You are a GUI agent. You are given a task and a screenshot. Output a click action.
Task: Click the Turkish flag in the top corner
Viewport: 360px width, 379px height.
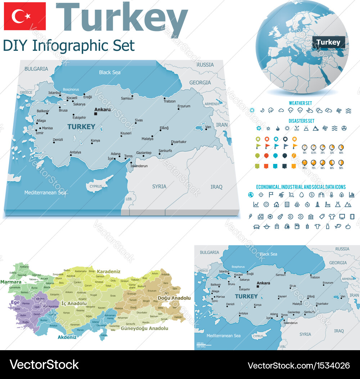[x=24, y=16]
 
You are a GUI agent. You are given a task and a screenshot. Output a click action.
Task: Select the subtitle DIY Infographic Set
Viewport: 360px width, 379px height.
[x=69, y=46]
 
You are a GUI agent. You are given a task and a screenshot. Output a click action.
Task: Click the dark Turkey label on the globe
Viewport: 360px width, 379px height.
[x=328, y=42]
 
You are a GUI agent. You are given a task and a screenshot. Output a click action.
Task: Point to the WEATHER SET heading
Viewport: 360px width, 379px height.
[x=300, y=103]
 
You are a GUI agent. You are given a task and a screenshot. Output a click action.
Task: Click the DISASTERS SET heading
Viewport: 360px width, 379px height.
[x=301, y=121]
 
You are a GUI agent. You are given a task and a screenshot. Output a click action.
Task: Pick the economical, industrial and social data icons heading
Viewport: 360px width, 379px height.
[x=301, y=187]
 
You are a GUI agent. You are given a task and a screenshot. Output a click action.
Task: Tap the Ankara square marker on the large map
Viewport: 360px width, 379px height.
[x=96, y=114]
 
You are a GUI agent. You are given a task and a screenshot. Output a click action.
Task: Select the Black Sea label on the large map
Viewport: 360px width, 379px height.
[x=109, y=72]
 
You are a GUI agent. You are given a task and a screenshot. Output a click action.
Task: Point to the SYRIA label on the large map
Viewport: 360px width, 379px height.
[x=159, y=186]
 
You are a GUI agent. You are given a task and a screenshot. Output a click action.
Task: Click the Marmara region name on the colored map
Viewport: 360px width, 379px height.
[x=11, y=282]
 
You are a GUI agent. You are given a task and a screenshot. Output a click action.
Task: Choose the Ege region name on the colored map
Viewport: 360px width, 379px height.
[x=15, y=303]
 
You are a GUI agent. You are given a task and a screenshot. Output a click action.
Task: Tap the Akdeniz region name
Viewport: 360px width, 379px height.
[x=67, y=338]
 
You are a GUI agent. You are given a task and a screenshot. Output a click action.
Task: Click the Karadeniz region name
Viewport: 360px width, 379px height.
[x=108, y=272]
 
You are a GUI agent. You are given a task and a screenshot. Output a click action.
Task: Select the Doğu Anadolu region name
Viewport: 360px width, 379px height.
[x=174, y=298]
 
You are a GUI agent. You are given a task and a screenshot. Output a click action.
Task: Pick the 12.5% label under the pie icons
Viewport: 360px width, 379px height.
[x=314, y=153]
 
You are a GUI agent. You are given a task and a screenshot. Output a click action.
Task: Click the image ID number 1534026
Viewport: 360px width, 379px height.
[x=333, y=365]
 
